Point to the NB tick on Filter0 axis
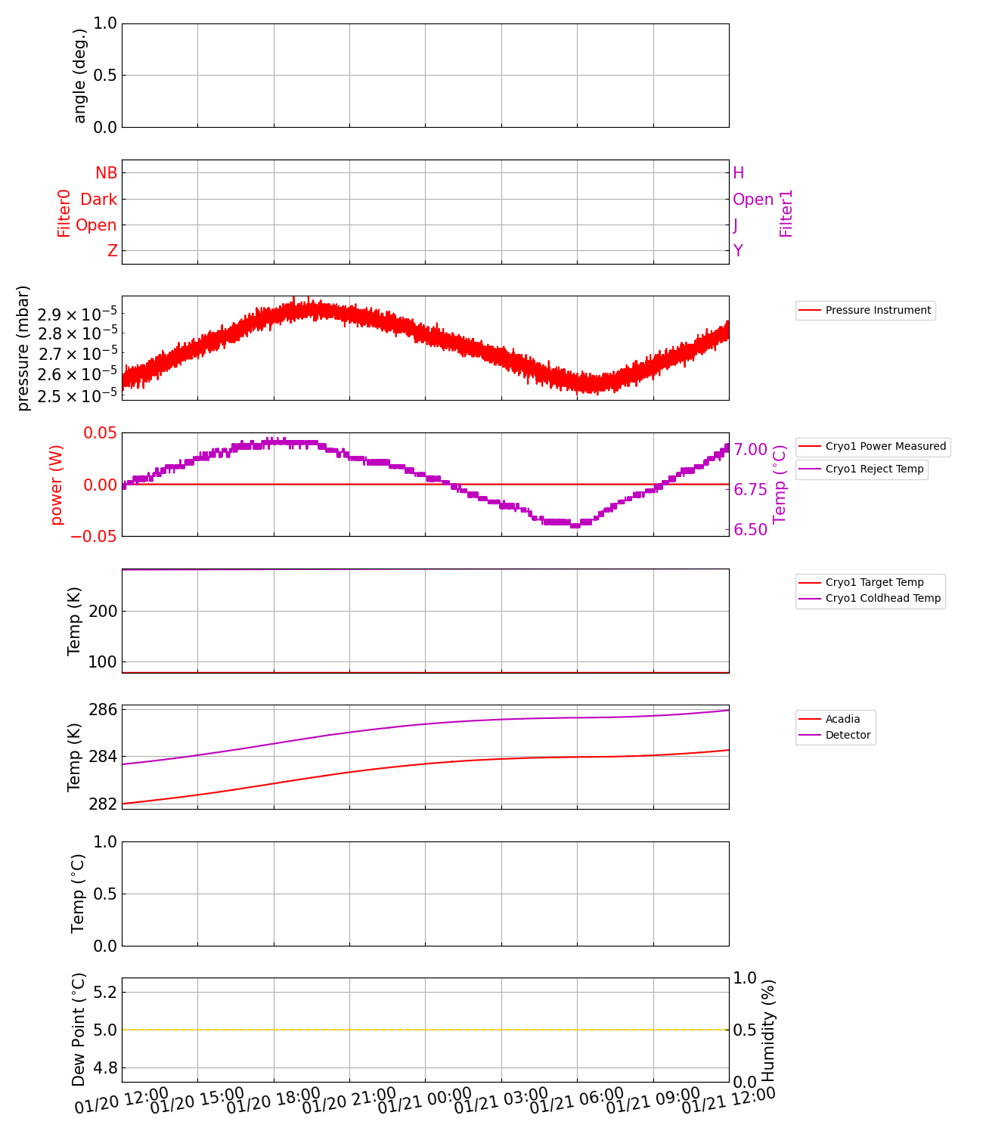click(x=106, y=173)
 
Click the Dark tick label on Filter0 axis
click(x=99, y=199)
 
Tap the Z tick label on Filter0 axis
click(x=113, y=251)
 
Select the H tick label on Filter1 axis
click(x=739, y=173)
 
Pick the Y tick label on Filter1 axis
click(x=738, y=251)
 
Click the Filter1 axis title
click(x=786, y=213)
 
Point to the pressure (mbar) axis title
click(x=23, y=348)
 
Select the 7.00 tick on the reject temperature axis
click(x=751, y=450)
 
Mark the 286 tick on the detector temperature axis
click(x=103, y=709)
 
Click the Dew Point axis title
click(x=79, y=1030)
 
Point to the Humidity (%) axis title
click(x=768, y=1030)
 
